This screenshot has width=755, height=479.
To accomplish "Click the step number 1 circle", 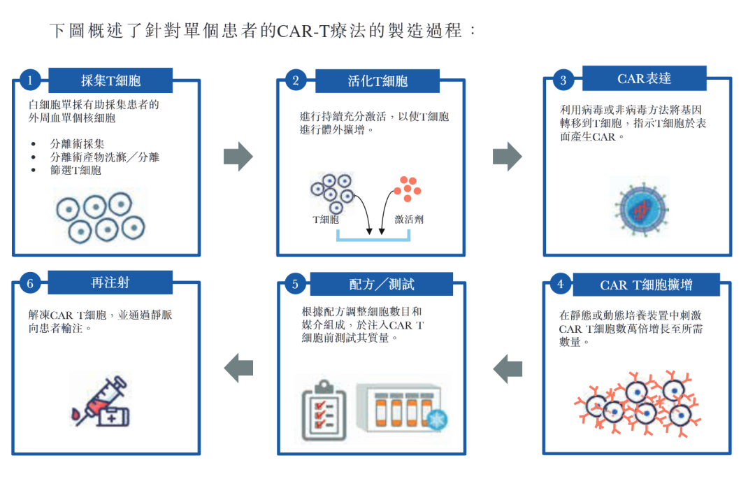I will coord(30,80).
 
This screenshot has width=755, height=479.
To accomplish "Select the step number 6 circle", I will coord(30,283).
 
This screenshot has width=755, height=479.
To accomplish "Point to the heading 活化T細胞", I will coord(377,81).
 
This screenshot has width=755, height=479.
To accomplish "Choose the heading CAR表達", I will coord(644,78).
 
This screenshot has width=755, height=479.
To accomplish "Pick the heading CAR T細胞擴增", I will coord(646,285).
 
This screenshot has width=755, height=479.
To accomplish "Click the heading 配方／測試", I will coord(382,284).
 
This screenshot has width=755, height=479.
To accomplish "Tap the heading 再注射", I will coord(110,283).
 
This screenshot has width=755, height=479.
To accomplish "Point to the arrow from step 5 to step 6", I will coord(238,368).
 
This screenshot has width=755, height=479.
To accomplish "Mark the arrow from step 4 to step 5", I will coord(508,368).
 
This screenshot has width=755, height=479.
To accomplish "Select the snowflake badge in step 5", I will coord(438,420).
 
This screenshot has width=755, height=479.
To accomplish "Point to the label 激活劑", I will coord(409,220).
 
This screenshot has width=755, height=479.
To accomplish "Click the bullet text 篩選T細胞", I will coord(75,171).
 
